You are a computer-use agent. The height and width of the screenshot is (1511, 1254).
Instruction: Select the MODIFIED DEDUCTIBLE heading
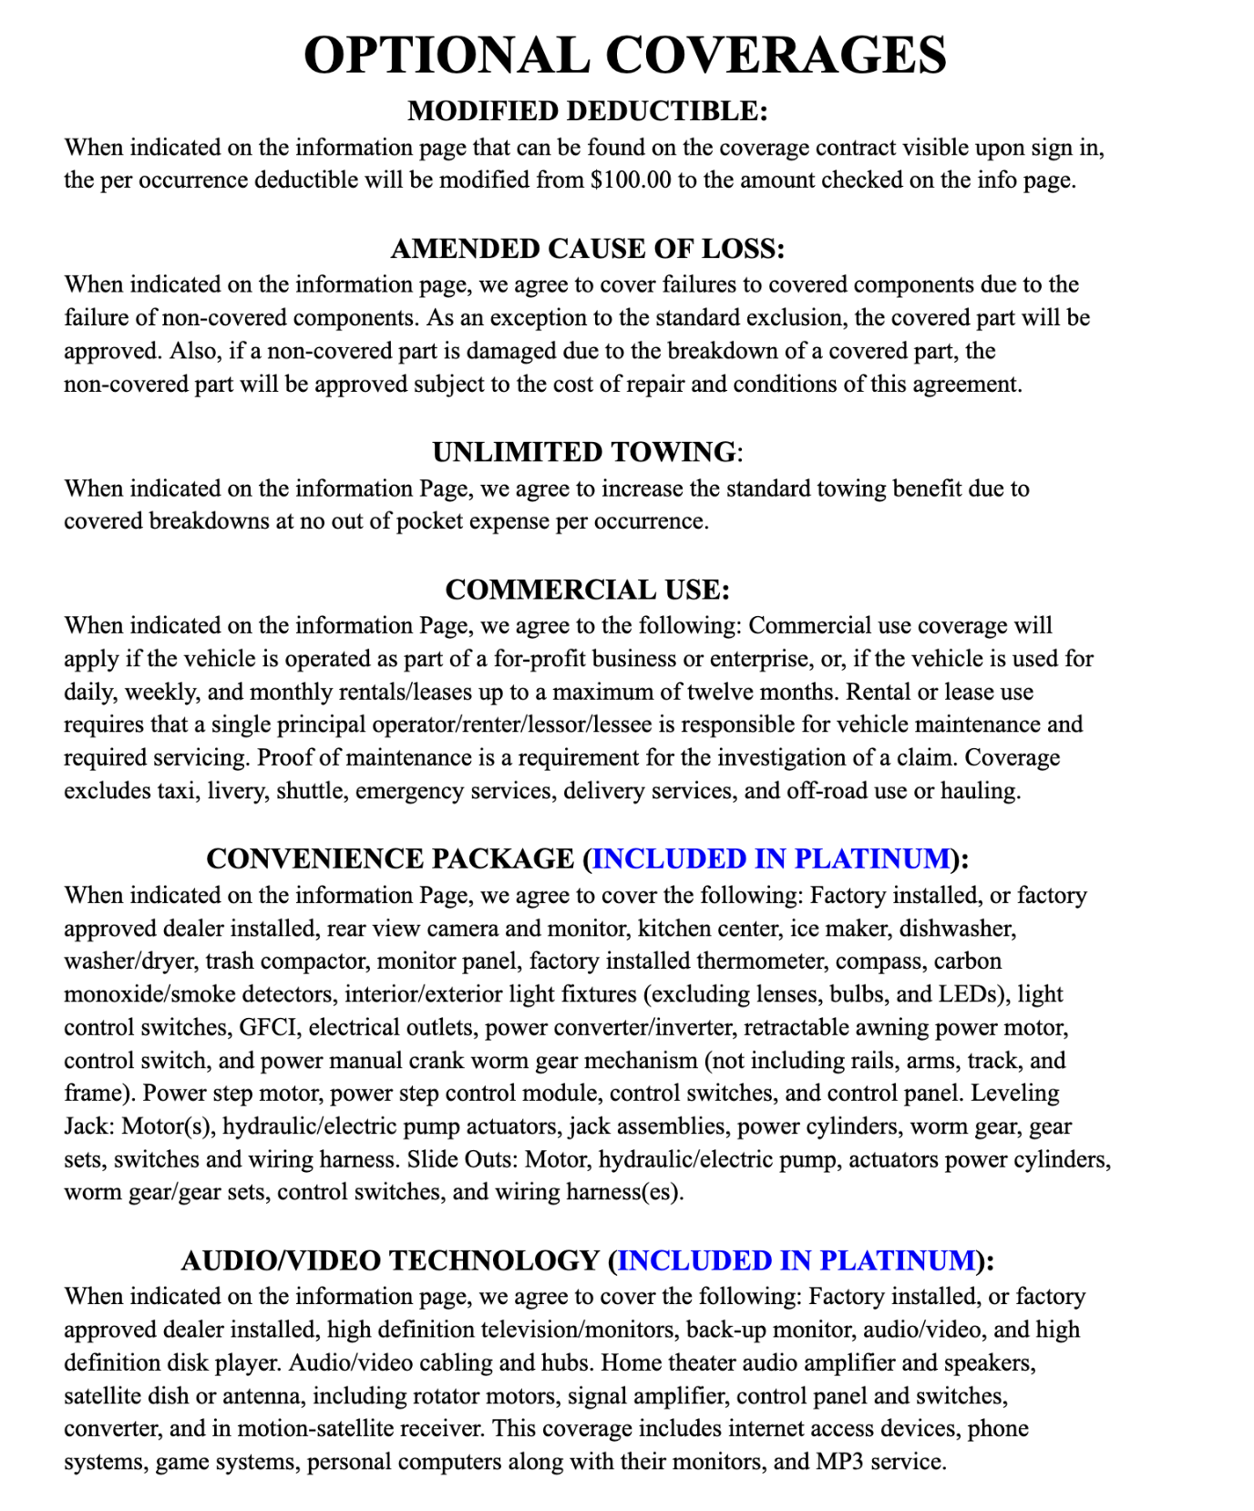(x=588, y=111)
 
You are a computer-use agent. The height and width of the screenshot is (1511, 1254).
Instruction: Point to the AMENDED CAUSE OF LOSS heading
(x=588, y=249)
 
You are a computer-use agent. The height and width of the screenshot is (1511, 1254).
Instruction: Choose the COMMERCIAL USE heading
(x=588, y=590)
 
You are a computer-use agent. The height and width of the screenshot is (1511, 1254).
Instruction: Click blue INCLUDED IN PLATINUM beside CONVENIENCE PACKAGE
(x=771, y=859)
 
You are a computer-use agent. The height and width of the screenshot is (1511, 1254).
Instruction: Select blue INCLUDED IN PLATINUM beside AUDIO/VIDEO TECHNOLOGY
(x=797, y=1260)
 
